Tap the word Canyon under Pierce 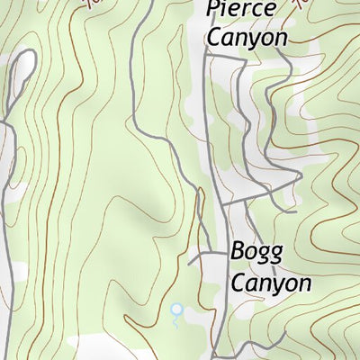tap(246, 37)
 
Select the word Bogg tap(256, 251)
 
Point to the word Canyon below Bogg tap(270, 283)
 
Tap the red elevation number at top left tap(92, 3)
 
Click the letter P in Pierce tap(213, 12)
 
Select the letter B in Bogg tap(238, 250)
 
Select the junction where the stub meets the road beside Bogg tap(222, 254)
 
